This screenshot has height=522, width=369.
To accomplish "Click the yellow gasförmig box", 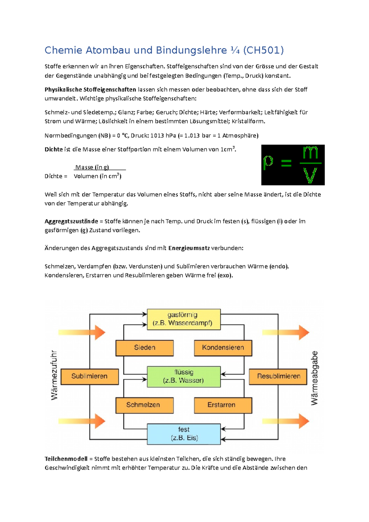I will (184, 319).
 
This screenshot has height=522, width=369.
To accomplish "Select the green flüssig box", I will (184, 376).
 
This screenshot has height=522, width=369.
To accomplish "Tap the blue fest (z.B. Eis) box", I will (184, 434).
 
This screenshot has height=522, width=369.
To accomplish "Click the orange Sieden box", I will (145, 348).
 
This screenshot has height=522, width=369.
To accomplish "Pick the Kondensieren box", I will (223, 348).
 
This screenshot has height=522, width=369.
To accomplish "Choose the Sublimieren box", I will (89, 376).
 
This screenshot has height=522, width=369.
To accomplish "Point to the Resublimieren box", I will (278, 376).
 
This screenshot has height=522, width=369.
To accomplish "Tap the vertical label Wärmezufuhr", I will (54, 375).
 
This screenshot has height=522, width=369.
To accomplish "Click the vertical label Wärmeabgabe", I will (314, 378).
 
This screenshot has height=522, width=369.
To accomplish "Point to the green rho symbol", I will (268, 162).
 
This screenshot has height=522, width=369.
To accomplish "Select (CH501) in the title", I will (263, 50).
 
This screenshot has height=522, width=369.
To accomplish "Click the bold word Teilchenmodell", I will (66, 459).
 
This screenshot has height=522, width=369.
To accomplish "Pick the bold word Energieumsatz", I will (189, 248).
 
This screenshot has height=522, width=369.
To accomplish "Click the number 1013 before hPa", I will (157, 136).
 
